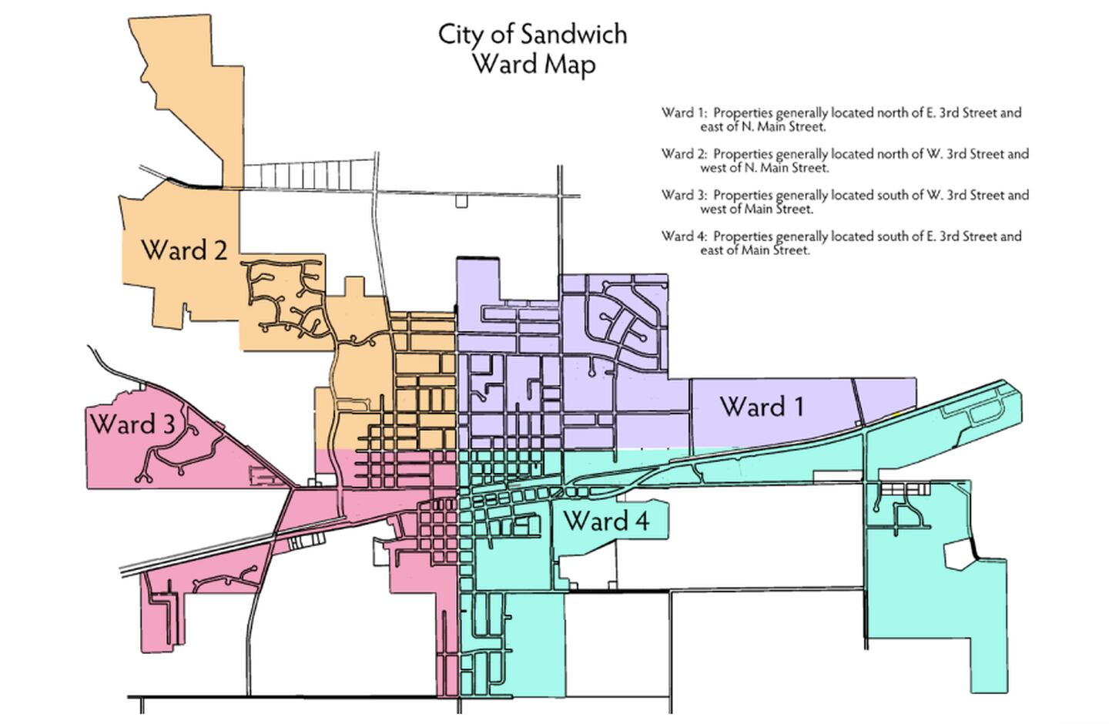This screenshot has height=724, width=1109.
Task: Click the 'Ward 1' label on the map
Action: (762, 406)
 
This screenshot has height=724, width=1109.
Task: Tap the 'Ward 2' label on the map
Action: (184, 250)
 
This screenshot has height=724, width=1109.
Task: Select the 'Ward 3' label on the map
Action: (132, 424)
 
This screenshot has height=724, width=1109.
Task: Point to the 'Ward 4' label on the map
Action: (606, 521)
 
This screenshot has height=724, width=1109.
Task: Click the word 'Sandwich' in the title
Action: (573, 35)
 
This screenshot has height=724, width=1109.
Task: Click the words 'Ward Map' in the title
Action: (533, 64)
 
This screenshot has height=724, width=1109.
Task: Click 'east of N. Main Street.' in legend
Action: (762, 126)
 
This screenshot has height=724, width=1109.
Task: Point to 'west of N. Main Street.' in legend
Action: (764, 167)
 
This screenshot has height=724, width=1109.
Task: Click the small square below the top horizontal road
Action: (461, 202)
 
